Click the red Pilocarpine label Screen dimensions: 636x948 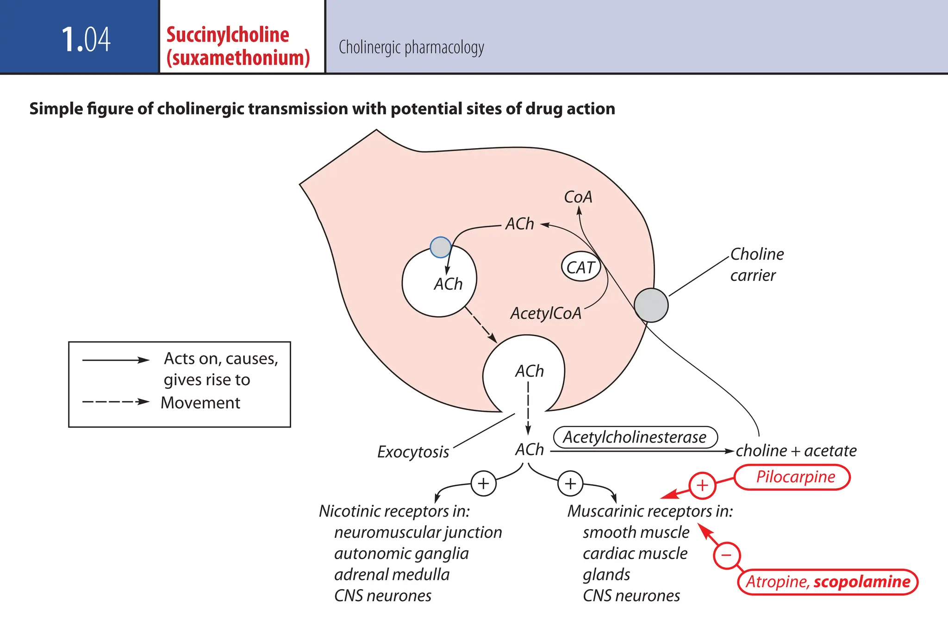pos(795,477)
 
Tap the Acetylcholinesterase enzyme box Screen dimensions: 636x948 pos(635,437)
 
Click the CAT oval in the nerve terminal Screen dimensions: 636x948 pos(581,267)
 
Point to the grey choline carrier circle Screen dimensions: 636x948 pos(651,305)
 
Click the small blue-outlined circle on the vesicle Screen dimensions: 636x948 pos(440,247)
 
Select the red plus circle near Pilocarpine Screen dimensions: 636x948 pos(702,485)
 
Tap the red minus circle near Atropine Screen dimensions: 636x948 pos(726,555)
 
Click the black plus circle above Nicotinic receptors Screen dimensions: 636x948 pos(483,483)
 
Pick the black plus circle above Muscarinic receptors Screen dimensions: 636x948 pos(570,483)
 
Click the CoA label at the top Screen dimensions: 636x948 pos(578,197)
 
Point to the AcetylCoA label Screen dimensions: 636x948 pos(546,313)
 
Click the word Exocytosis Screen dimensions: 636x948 pos(413,452)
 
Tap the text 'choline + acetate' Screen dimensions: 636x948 pos(796,450)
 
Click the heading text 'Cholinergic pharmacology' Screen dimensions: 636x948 pos(411,47)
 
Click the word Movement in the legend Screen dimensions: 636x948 pos(200,403)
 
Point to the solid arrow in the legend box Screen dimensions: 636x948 pos(116,360)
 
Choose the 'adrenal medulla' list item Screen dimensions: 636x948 pos(392,574)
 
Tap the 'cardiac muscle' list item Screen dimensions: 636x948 pos(635,554)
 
